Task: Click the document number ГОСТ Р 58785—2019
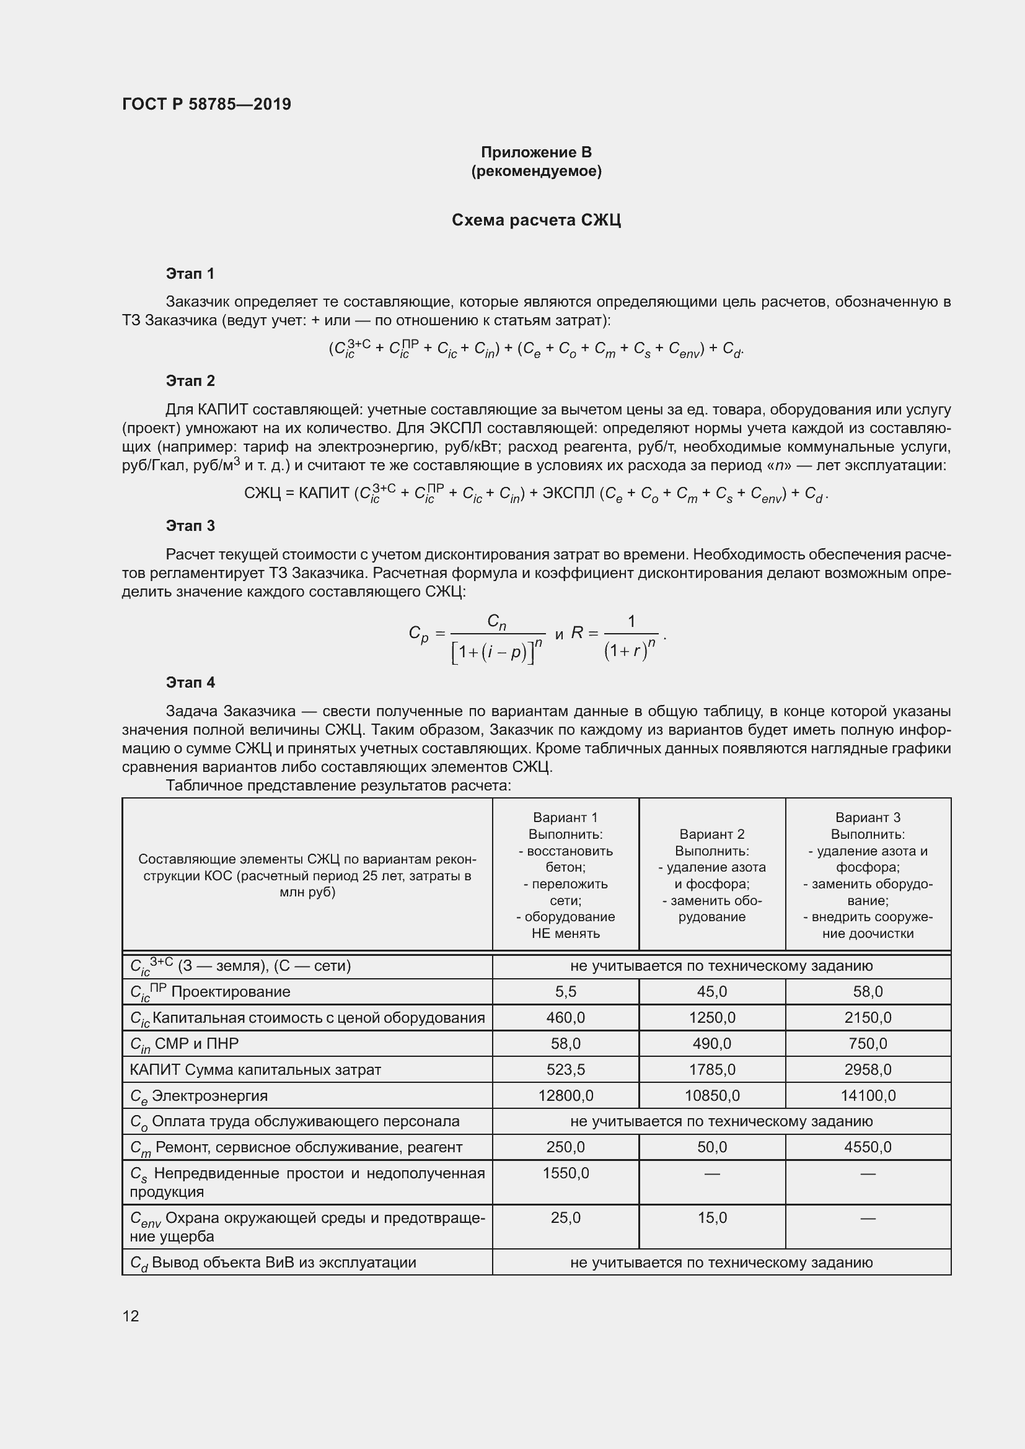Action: point(206,104)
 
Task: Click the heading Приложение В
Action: point(536,152)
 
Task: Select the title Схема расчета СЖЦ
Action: point(536,221)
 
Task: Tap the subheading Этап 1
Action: point(190,273)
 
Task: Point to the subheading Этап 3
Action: point(190,526)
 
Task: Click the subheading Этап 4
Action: point(190,682)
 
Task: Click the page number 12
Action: point(131,1316)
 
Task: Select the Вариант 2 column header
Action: point(712,875)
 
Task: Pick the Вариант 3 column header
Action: point(867,875)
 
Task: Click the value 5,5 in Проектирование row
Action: point(566,991)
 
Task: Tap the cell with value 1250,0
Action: point(712,1017)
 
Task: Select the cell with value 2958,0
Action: point(867,1069)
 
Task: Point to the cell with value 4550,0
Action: point(867,1147)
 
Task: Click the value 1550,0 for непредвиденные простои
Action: point(566,1173)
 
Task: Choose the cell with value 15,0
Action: point(712,1217)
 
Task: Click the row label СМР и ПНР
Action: point(196,1044)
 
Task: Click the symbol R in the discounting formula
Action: point(576,633)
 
